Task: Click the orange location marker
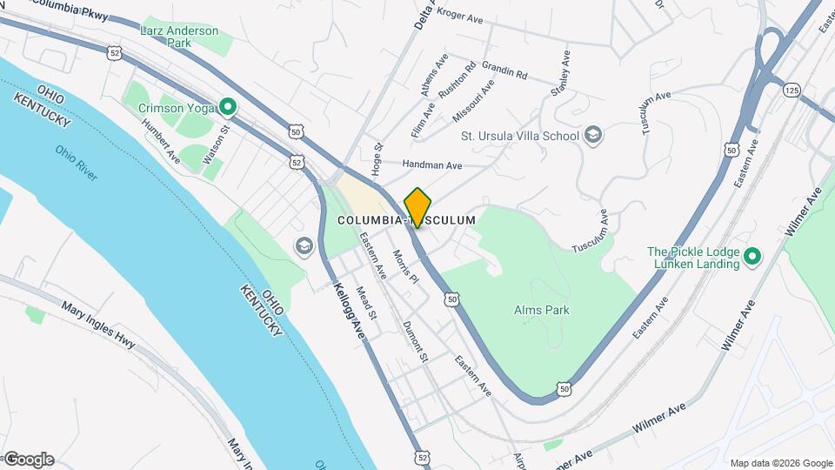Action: click(x=417, y=207)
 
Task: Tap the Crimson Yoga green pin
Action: click(x=228, y=108)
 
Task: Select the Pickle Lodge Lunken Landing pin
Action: click(x=753, y=257)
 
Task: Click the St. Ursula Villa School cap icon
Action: click(x=592, y=135)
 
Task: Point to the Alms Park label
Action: click(x=541, y=310)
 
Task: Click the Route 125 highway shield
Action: click(x=791, y=90)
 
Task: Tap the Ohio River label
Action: click(x=77, y=162)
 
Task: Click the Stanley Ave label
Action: click(x=560, y=74)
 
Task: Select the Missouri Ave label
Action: click(x=473, y=101)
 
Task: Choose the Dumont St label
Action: click(x=416, y=340)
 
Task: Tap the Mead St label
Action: click(x=366, y=302)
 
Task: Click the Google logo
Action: click(x=28, y=460)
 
